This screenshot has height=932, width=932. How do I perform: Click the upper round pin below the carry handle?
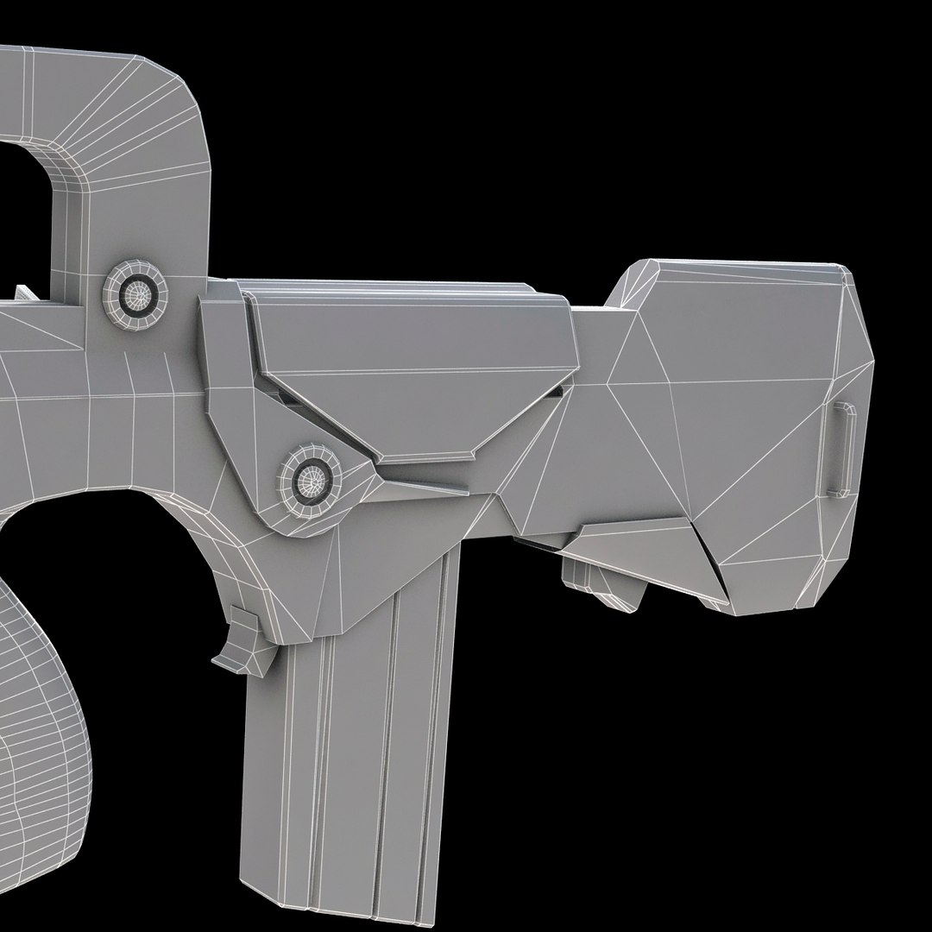[x=135, y=294]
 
